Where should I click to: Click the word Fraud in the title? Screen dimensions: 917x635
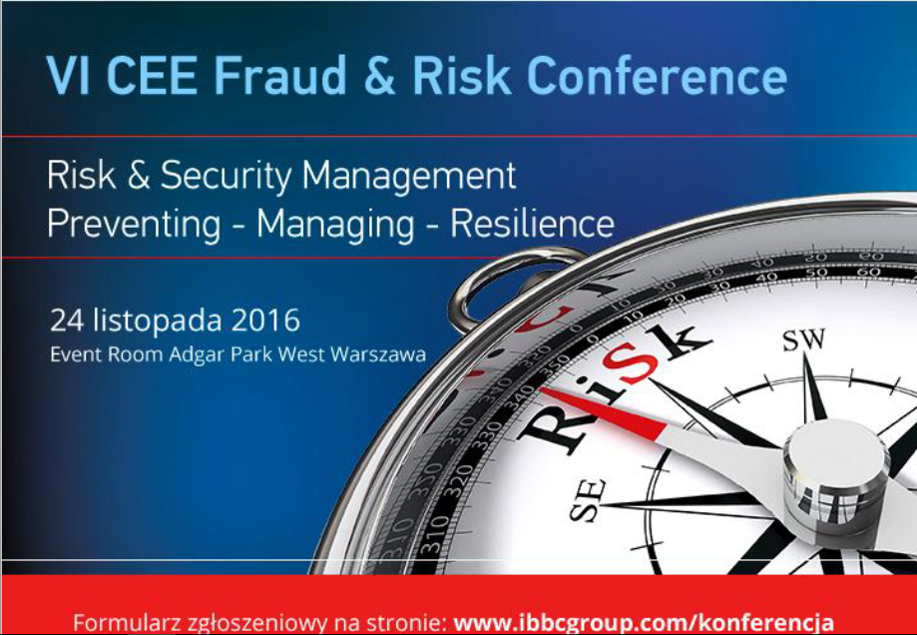coord(280,76)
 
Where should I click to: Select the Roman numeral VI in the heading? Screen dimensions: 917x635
coord(68,76)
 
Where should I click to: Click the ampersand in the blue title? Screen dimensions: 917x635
coord(379,76)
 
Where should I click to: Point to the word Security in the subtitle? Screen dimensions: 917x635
coord(226,177)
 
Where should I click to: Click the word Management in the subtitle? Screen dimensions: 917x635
coord(409,176)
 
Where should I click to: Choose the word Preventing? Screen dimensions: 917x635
coord(134,225)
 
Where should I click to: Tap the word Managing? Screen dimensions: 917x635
coord(335,225)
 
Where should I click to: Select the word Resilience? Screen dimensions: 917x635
coord(532,223)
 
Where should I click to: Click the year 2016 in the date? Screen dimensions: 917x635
coord(265,320)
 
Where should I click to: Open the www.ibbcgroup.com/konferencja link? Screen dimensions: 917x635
coord(644,621)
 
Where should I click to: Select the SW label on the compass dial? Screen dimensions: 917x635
coord(804,339)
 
